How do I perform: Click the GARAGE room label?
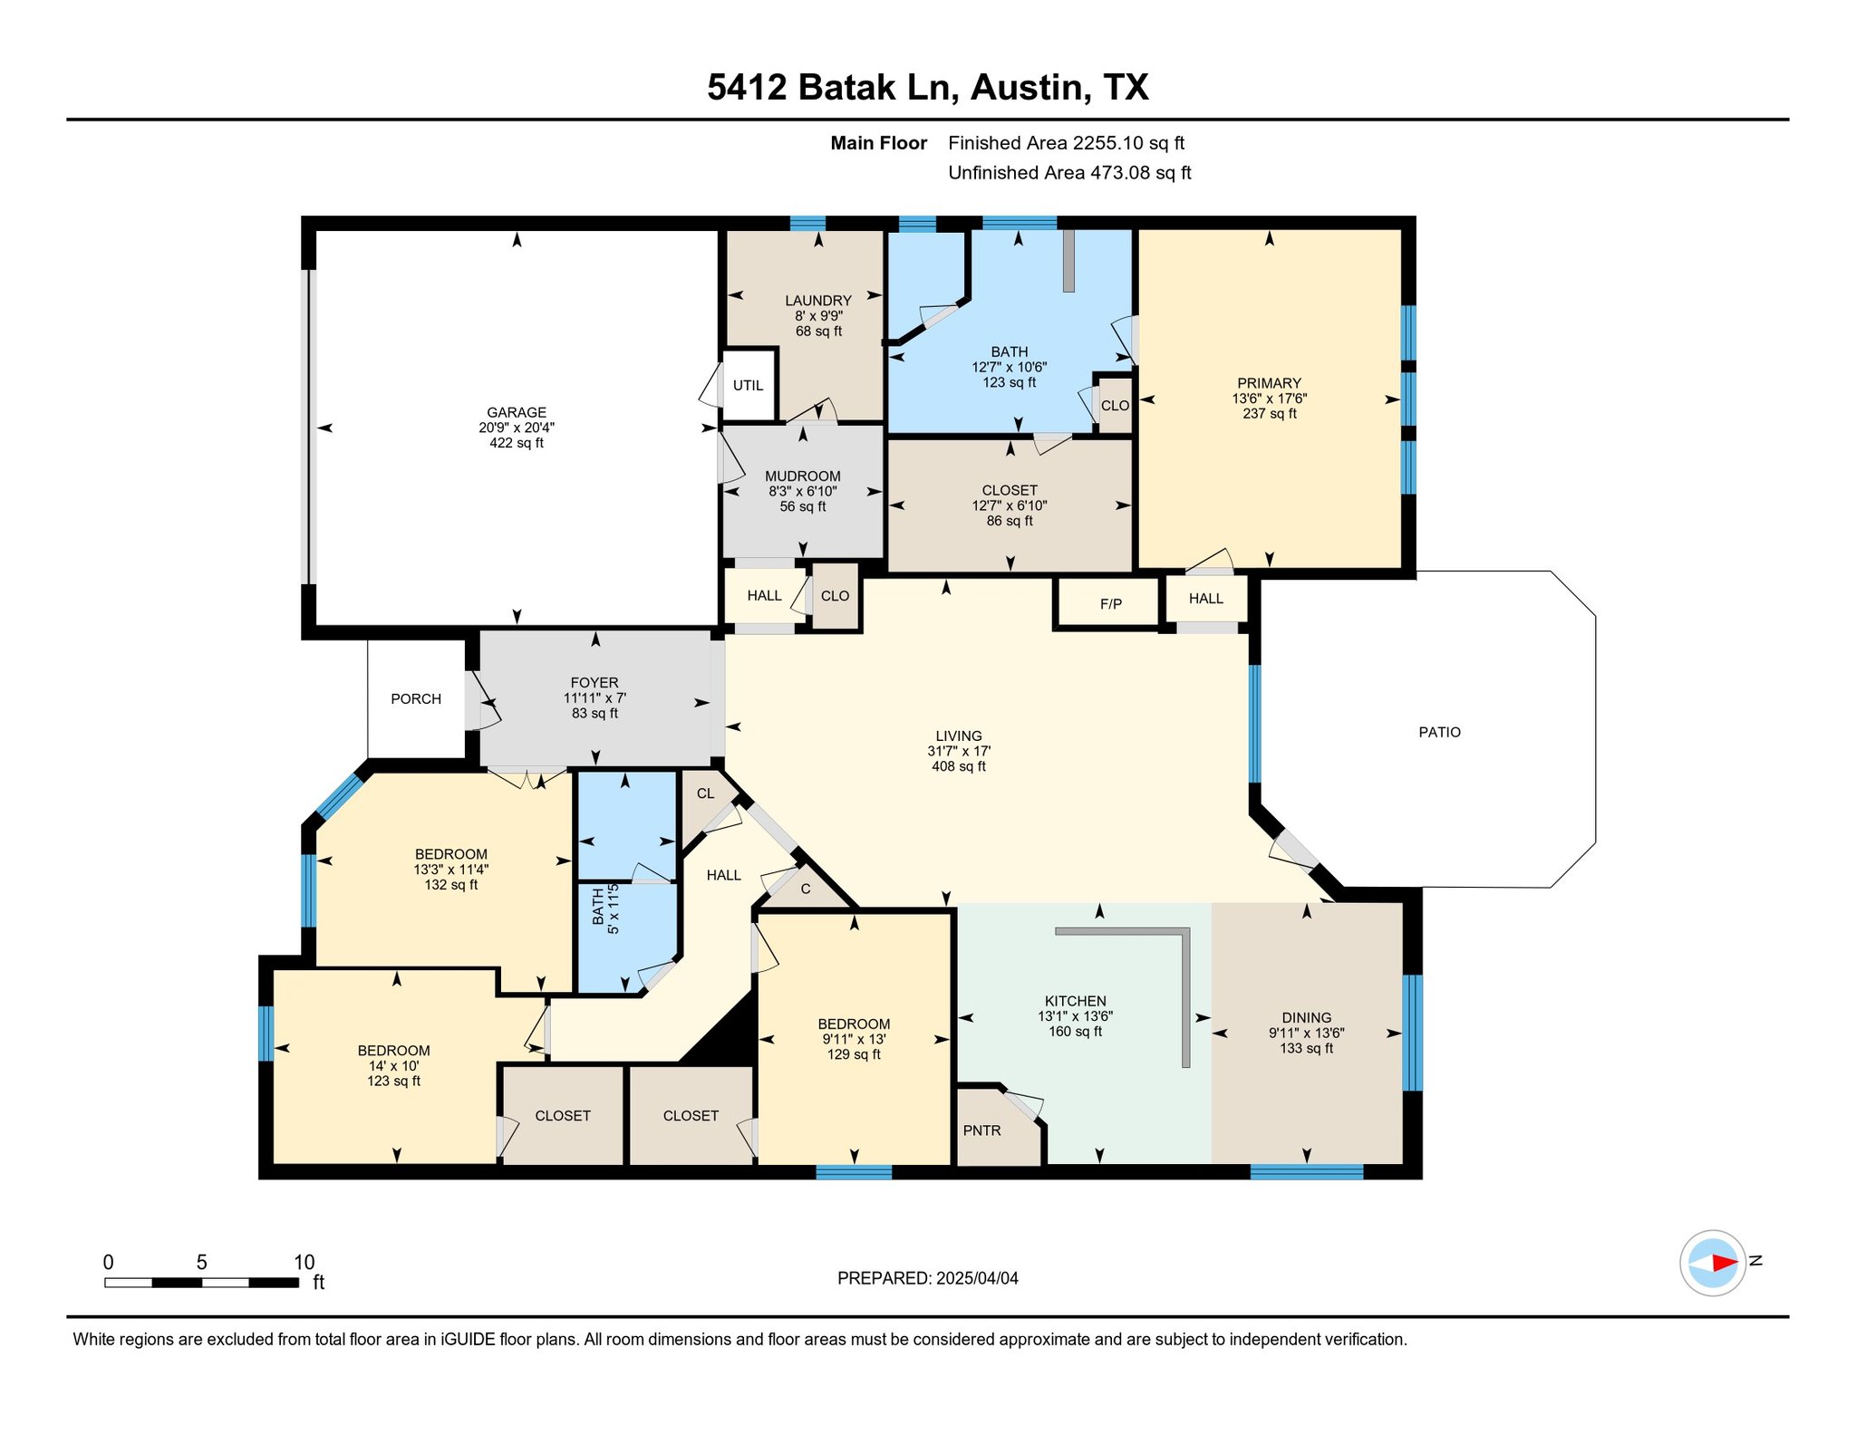(x=516, y=412)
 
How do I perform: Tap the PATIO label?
(x=1439, y=732)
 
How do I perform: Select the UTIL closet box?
(x=748, y=385)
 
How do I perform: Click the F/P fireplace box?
(x=1110, y=603)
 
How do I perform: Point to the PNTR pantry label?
(x=981, y=1130)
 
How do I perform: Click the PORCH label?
(x=416, y=698)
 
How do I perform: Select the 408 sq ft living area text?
(x=958, y=766)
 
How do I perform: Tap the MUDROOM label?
(x=802, y=476)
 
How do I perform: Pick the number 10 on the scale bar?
(x=304, y=1262)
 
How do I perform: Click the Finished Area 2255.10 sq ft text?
(x=1066, y=143)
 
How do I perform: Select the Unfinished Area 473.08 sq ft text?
(x=1068, y=173)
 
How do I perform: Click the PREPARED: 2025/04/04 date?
(x=927, y=1278)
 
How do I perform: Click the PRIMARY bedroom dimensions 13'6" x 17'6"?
(x=1269, y=399)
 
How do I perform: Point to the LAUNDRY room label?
(x=817, y=301)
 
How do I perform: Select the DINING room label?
(x=1306, y=1017)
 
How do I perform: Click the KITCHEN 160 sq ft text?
(x=1075, y=1032)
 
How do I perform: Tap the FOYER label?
(x=594, y=683)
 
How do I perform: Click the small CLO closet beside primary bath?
(x=1115, y=406)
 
